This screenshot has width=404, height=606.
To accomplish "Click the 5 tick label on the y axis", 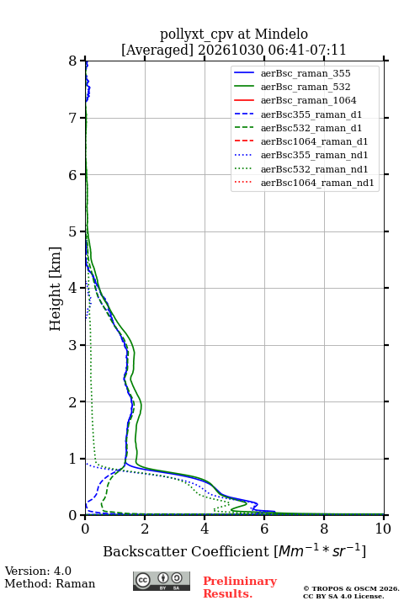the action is point(73,231).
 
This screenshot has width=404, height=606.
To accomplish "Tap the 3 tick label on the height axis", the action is point(73,345).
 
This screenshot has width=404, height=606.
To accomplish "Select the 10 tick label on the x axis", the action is point(383,529).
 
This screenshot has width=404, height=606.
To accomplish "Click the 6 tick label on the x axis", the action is point(264,529).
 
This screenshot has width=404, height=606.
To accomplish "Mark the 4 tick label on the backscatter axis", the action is point(205,529).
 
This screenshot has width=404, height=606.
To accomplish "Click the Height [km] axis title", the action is point(56,289).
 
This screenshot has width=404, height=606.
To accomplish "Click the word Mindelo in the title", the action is point(281,34).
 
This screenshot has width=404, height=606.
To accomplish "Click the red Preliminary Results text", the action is point(240,587).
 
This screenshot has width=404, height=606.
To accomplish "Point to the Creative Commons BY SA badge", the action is point(162,581).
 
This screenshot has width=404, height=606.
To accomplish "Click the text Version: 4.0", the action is point(38,571).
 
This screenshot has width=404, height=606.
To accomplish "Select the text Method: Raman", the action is point(50,583).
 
